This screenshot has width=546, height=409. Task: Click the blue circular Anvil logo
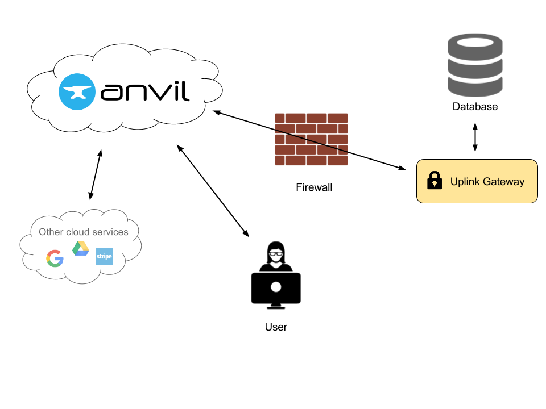pyautogui.click(x=77, y=91)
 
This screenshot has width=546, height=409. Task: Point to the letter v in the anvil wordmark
pyautogui.click(x=160, y=92)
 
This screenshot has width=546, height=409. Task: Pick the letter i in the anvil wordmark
pyautogui.click(x=176, y=90)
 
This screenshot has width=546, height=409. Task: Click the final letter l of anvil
pyautogui.click(x=186, y=89)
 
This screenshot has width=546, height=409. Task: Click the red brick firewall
pyautogui.click(x=311, y=139)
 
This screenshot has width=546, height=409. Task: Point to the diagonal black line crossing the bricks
pyautogui.click(x=311, y=141)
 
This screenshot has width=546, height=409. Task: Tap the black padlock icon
pyautogui.click(x=435, y=181)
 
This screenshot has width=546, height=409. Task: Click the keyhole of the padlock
pyautogui.click(x=435, y=183)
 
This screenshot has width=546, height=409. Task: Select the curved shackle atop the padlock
pyautogui.click(x=435, y=174)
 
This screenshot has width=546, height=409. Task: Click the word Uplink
pyautogui.click(x=465, y=182)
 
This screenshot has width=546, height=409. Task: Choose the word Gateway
pyautogui.click(x=503, y=182)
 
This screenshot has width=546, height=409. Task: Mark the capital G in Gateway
pyautogui.click(x=486, y=182)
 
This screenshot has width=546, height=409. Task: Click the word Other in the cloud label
pyautogui.click(x=51, y=232)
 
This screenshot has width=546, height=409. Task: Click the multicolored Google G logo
pyautogui.click(x=55, y=258)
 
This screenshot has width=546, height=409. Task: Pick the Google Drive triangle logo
pyautogui.click(x=81, y=249)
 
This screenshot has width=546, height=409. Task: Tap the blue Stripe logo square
pyautogui.click(x=104, y=256)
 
